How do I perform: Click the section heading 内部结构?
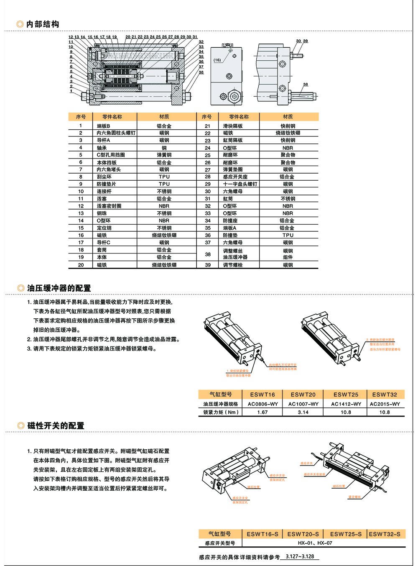43,24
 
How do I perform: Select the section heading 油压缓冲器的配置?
59,288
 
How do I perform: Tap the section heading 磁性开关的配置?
56,426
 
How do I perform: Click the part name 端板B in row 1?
103,126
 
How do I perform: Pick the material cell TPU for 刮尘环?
164,177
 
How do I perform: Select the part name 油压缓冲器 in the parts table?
235,257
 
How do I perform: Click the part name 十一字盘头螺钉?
240,184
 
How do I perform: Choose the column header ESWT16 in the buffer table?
263,394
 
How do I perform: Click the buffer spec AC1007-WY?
303,404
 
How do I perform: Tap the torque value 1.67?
263,412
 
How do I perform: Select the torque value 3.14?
303,412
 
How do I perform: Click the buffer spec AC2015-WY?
385,404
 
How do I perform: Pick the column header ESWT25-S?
346,534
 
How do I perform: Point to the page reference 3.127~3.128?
299,557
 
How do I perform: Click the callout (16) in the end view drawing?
217,60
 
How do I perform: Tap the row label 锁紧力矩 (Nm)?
221,412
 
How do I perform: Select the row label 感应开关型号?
220,543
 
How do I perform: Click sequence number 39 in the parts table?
207,265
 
